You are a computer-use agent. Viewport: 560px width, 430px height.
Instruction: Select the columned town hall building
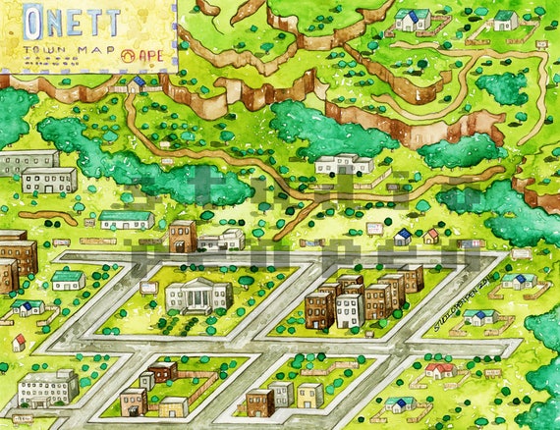197,295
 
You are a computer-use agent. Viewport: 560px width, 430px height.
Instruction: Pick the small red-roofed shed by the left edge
19,342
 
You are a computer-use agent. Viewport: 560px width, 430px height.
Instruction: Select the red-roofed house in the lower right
440,369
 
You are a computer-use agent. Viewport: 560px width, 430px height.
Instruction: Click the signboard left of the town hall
148,288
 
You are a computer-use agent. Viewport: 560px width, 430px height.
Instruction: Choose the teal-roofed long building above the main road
127,219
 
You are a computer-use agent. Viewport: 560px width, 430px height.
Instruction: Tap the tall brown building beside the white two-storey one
182,237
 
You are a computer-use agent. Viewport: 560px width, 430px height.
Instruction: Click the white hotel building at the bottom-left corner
46,388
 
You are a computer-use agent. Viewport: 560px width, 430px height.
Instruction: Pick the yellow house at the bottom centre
309,395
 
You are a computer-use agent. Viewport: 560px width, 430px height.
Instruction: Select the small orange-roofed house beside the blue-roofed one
431,236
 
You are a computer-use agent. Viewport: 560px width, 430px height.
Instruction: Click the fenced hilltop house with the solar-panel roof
413,19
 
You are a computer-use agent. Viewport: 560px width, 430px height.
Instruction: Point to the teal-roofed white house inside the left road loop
68,279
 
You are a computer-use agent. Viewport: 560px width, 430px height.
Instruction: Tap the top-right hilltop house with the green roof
505,20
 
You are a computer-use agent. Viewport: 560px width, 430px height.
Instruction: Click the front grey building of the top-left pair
49,180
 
